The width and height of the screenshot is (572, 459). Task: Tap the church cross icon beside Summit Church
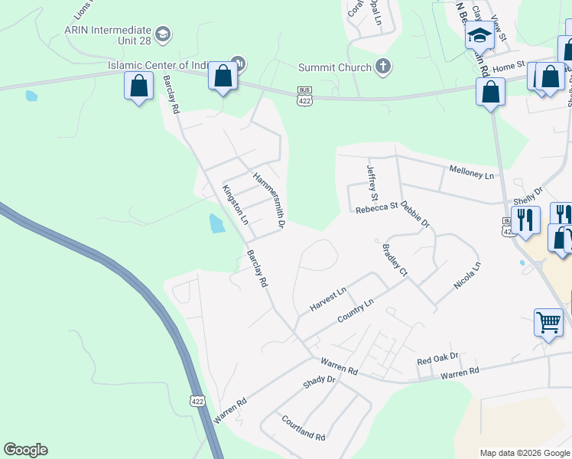pos(385,67)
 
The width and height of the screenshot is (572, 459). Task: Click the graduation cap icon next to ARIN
pos(163,34)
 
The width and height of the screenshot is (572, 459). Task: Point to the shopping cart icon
pos(548,322)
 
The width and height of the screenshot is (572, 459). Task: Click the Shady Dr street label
pos(320,380)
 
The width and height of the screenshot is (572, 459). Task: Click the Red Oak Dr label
pos(437,357)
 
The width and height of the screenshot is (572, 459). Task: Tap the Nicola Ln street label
pos(467,276)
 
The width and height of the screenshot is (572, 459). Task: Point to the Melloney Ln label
pos(472,171)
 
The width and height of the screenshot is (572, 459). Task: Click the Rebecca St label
pos(377,205)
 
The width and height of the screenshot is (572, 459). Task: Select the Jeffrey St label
pos(372,179)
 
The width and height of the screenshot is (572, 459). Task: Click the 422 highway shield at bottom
pos(197,400)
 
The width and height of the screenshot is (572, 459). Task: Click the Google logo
pos(25,450)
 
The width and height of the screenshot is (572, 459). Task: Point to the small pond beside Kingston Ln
pos(217,223)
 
